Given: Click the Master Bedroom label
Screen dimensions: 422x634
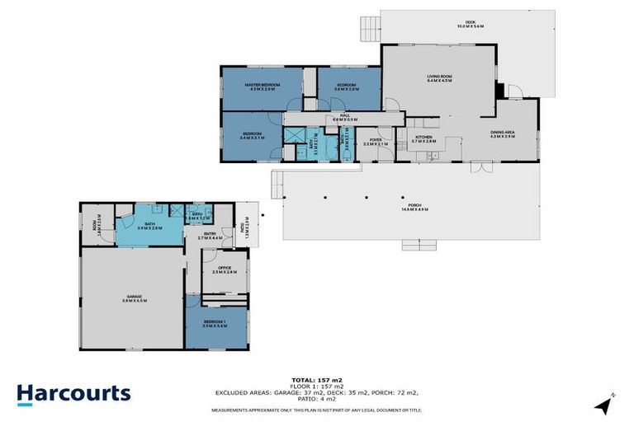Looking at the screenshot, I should tap(259, 85).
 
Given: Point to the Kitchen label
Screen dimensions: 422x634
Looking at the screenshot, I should tap(423, 137).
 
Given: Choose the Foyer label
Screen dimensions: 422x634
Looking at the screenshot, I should tap(376, 141).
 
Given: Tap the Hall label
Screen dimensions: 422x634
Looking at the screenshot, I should tap(345, 116).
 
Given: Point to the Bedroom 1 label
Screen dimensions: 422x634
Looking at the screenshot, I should tap(214, 322).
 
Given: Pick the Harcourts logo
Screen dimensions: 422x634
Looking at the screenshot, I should tap(74, 392).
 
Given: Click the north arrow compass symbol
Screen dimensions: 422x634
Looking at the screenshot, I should tap(604, 404).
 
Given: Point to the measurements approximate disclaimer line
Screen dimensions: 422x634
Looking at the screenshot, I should tap(316, 410).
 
